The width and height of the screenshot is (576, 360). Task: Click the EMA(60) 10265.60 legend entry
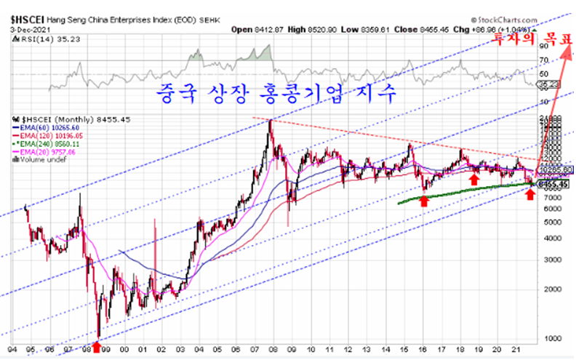pyautogui.click(x=44, y=127)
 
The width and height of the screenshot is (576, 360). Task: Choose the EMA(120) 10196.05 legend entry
pyautogui.click(x=46, y=135)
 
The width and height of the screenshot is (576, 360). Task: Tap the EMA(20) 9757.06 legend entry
pyautogui.click(x=43, y=151)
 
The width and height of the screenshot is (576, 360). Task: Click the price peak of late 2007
pyautogui.click(x=271, y=120)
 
